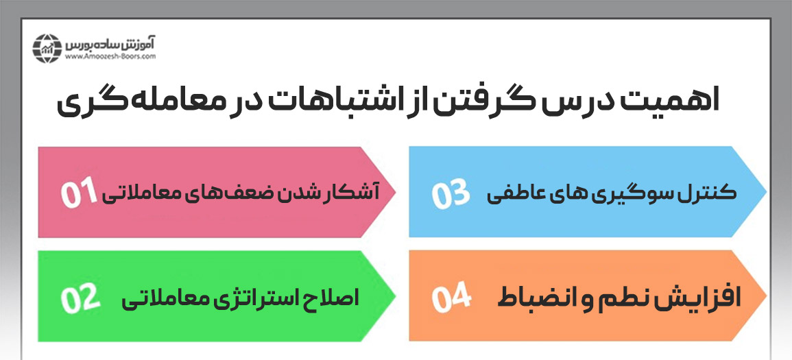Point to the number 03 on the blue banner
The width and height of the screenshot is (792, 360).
tap(450, 194)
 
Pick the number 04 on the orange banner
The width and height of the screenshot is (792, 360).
tap(451, 298)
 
